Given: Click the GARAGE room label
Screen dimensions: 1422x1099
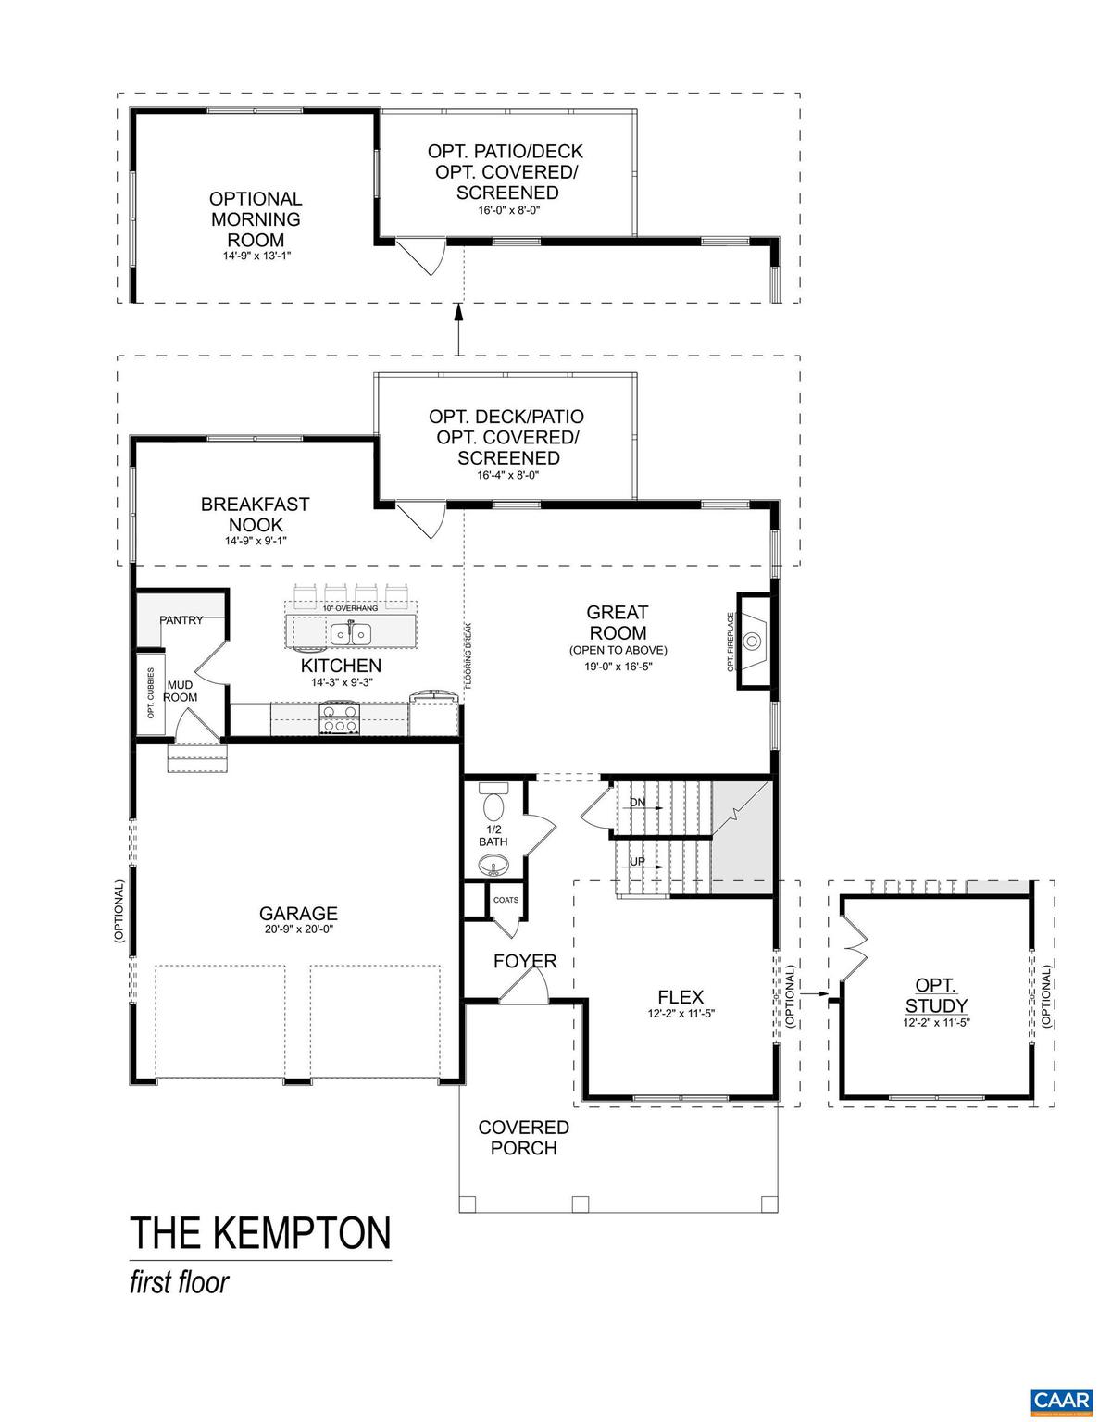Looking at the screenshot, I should [298, 914].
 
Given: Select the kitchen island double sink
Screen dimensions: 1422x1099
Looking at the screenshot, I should [351, 634].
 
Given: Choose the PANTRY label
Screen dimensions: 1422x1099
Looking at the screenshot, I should [181, 620].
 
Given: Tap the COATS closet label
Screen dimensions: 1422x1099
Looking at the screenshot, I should [506, 900].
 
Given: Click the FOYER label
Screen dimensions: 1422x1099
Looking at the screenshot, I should [525, 961].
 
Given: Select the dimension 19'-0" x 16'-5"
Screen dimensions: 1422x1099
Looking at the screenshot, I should [618, 667].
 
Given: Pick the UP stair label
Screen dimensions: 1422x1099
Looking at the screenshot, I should [638, 861].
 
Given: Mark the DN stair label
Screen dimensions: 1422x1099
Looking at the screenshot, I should [638, 802].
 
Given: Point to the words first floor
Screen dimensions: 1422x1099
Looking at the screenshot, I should [179, 1283].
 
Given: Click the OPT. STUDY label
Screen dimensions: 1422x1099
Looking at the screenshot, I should [935, 996].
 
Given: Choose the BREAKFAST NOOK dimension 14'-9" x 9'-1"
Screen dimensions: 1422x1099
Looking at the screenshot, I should [256, 541].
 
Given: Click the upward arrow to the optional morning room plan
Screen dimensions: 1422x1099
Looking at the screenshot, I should [457, 326].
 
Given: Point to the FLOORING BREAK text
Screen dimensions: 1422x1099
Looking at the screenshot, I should [469, 655].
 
